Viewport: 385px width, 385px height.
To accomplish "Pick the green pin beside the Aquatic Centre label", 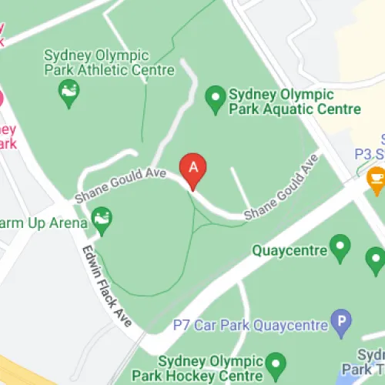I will tap(215, 98).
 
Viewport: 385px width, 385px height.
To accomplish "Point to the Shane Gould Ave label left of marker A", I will tap(120, 186).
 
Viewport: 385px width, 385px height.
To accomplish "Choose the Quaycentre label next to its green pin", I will tap(289, 250).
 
